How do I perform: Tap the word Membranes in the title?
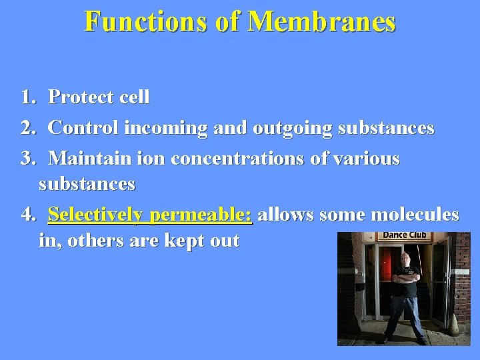[322, 22]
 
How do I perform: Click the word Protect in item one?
[79, 97]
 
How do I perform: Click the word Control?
[81, 127]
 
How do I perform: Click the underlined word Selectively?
[96, 215]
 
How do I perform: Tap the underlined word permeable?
[201, 215]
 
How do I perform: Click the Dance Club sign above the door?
[404, 236]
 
